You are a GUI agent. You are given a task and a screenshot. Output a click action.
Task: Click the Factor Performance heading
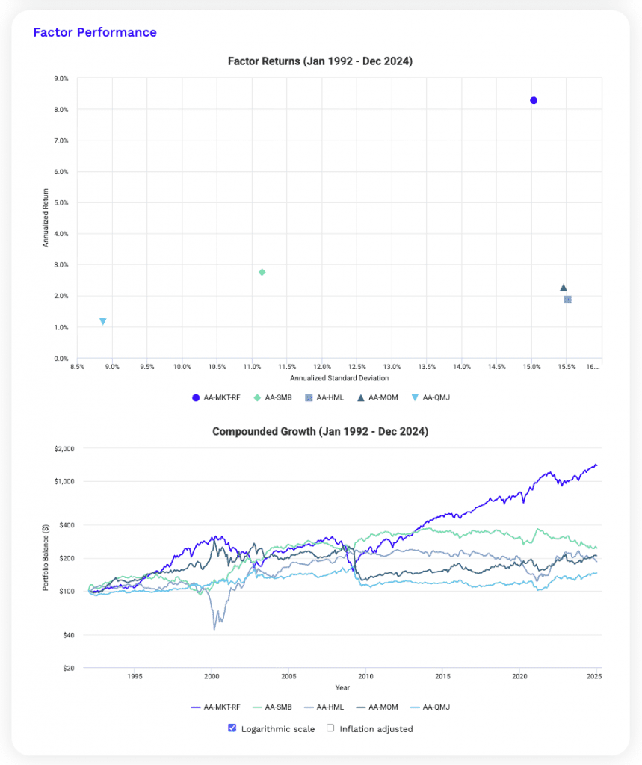95,32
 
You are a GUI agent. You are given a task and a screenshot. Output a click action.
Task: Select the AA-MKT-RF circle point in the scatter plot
534,100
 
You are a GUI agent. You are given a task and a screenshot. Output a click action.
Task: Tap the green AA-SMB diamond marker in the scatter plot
262,272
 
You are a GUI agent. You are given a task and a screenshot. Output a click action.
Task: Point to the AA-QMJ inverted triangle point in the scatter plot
102,321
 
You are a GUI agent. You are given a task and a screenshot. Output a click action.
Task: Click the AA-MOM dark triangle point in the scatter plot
564,288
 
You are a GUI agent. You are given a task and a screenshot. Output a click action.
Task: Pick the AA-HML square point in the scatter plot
567,300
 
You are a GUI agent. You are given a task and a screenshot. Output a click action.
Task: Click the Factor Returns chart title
320,61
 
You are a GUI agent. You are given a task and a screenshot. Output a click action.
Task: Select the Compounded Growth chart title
320,432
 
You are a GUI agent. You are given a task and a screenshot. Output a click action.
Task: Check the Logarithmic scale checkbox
232,728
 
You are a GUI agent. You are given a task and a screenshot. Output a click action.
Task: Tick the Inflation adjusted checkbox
330,728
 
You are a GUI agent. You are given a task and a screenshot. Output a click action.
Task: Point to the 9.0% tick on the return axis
58,78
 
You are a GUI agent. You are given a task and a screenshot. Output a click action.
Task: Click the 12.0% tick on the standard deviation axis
322,367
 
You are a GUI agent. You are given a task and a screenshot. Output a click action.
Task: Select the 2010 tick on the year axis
365,677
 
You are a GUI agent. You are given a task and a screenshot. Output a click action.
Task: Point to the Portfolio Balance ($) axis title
46,558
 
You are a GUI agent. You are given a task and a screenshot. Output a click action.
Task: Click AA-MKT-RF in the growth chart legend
218,707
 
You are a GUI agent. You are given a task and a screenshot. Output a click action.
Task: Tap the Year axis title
342,687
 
